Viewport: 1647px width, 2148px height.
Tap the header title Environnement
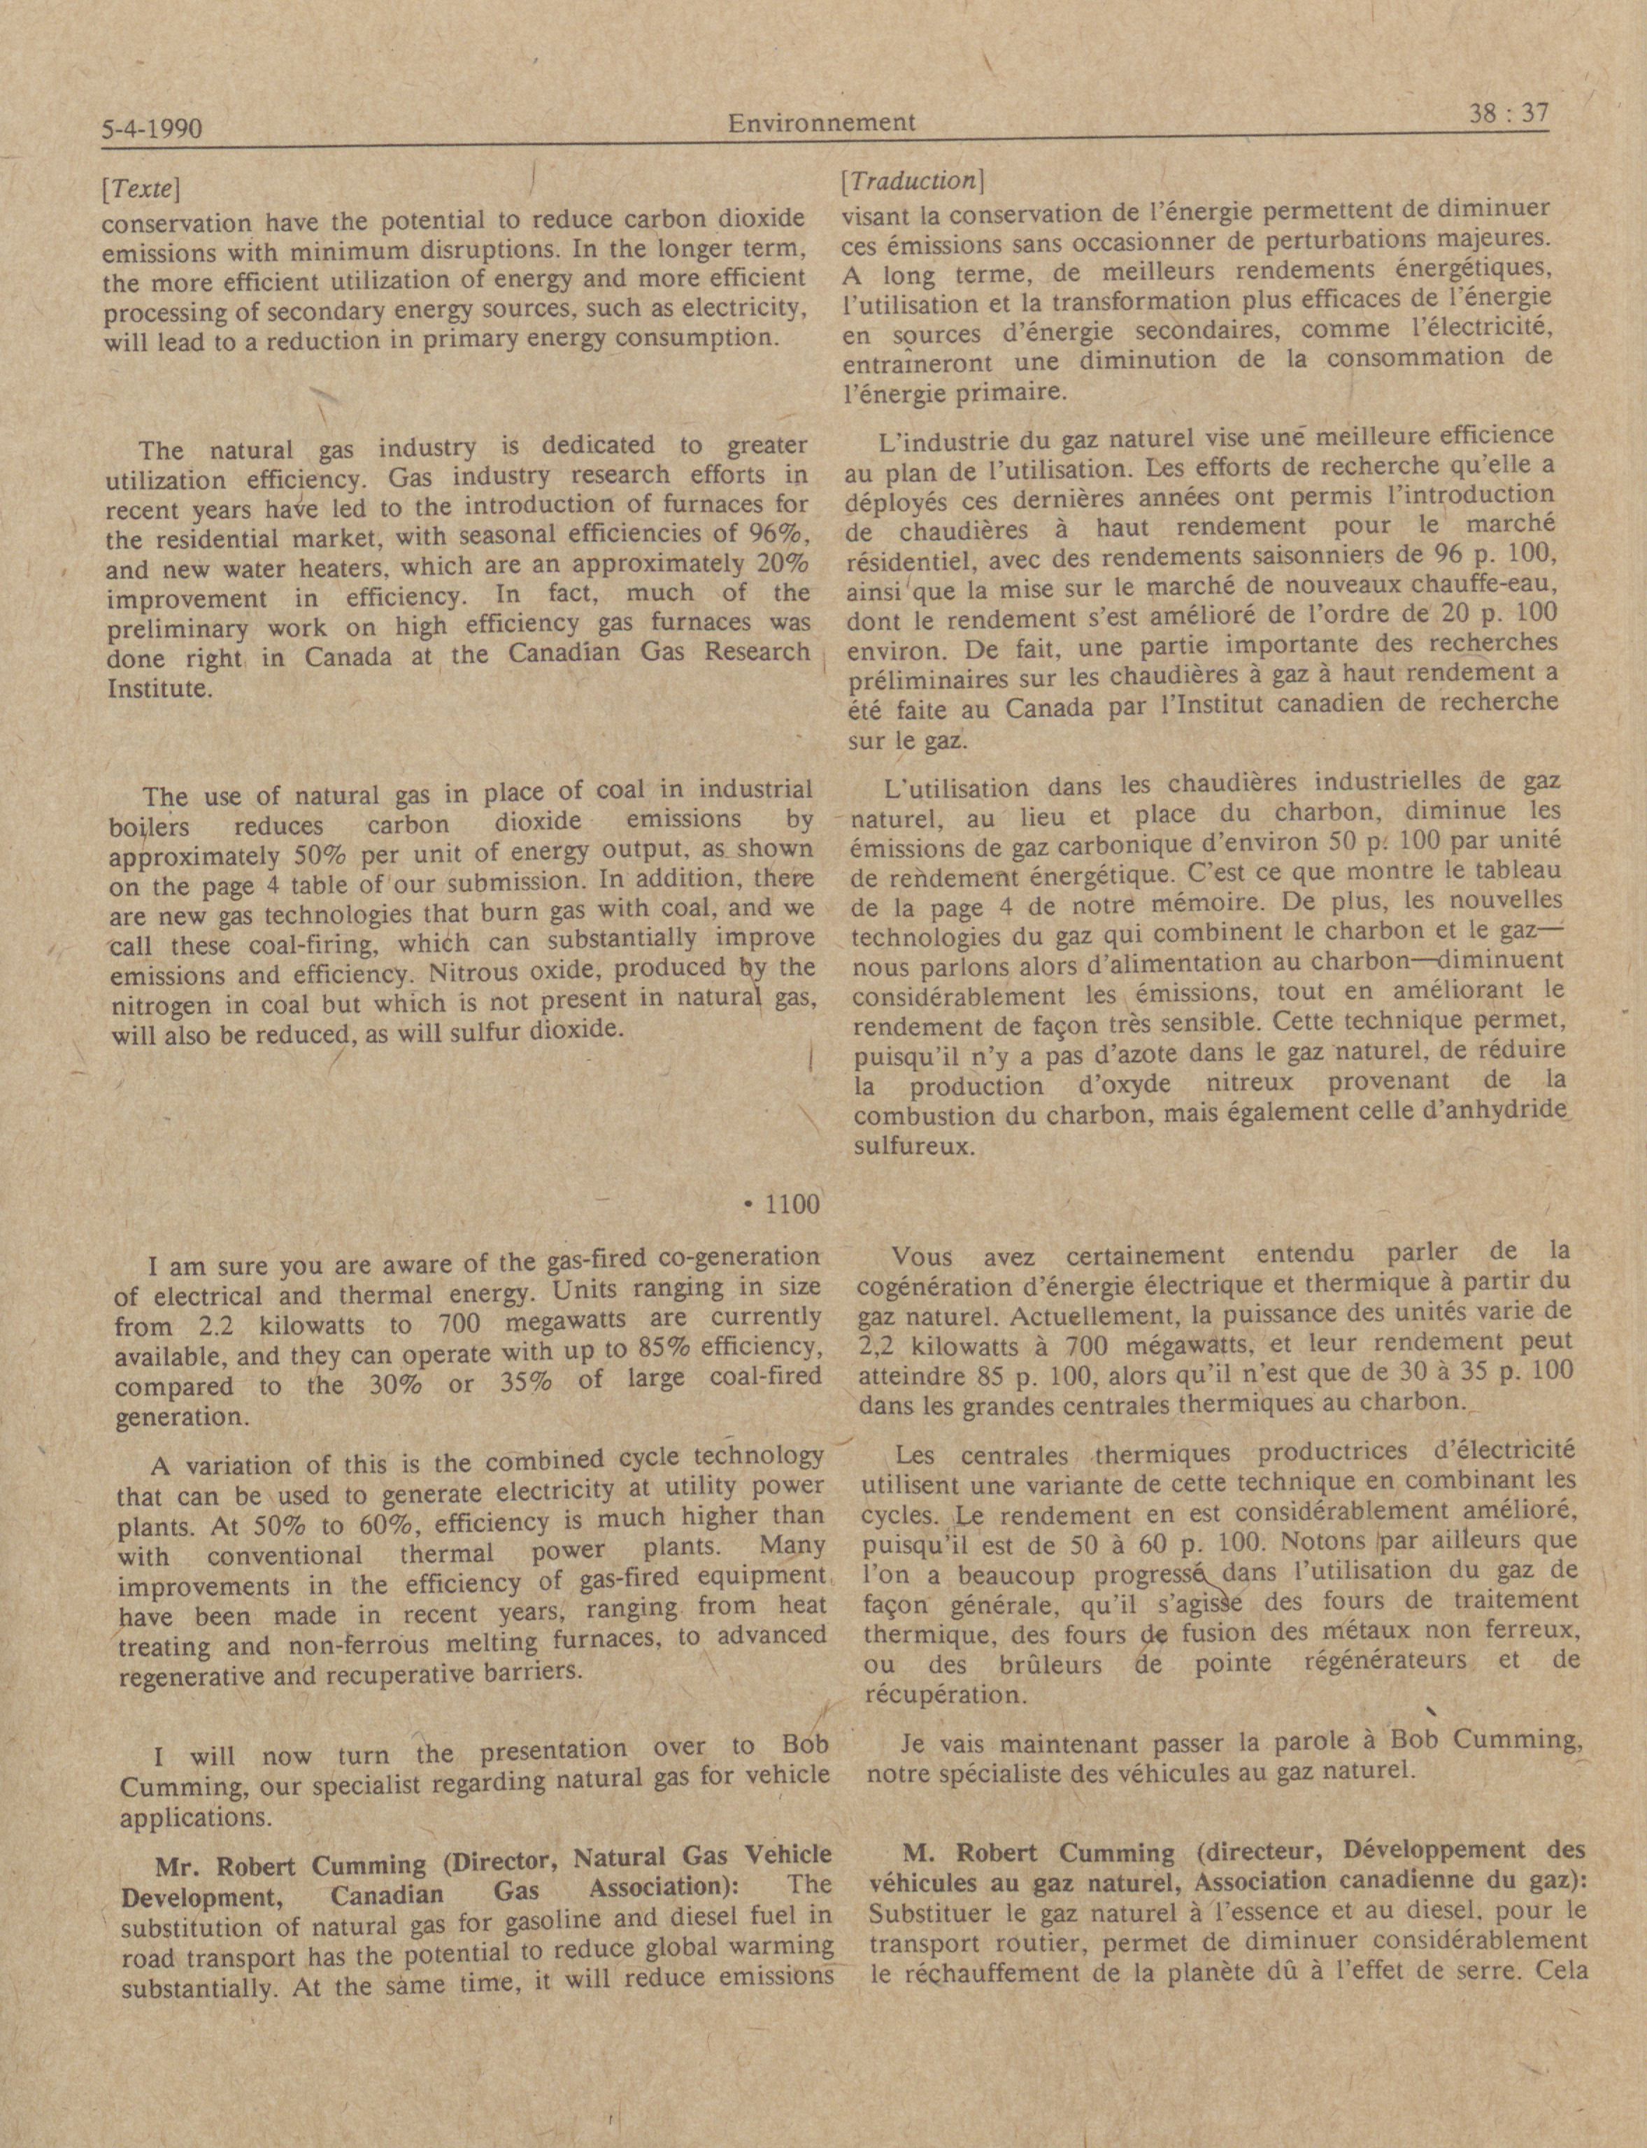tap(822, 122)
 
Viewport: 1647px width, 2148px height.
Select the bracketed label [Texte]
tap(140, 187)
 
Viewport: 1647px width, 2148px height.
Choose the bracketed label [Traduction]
tap(912, 180)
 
